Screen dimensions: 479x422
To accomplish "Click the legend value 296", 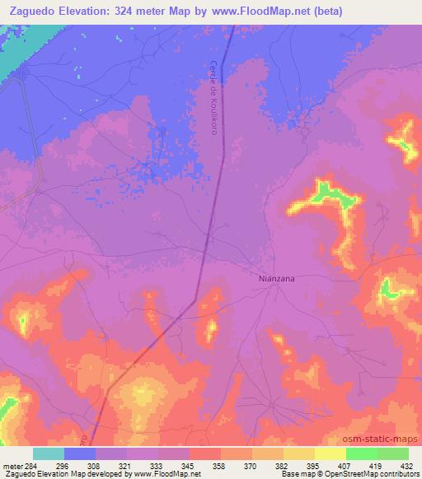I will [64, 464].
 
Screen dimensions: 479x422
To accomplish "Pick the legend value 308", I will [96, 464].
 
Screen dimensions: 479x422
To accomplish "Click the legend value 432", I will [407, 464].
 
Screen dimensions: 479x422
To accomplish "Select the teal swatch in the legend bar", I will [49, 453].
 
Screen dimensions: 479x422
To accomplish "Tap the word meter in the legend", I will [12, 464].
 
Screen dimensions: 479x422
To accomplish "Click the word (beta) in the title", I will [323, 11].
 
